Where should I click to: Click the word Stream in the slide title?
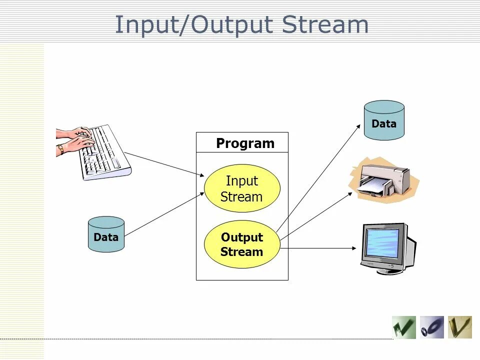coord(325,25)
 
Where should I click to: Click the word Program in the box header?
coord(245,143)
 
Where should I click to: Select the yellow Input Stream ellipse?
coord(242,188)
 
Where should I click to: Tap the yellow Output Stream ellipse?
coord(242,244)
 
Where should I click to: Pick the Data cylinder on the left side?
coord(106,234)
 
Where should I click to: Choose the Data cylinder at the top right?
coord(384,120)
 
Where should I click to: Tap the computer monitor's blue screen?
coord(383,243)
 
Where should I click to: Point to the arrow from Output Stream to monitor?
coord(320,247)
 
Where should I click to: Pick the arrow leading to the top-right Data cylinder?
coord(320,175)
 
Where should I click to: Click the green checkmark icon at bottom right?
coord(403,327)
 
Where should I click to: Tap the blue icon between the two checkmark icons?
coord(431,327)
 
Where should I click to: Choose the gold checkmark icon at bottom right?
coord(459,327)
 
